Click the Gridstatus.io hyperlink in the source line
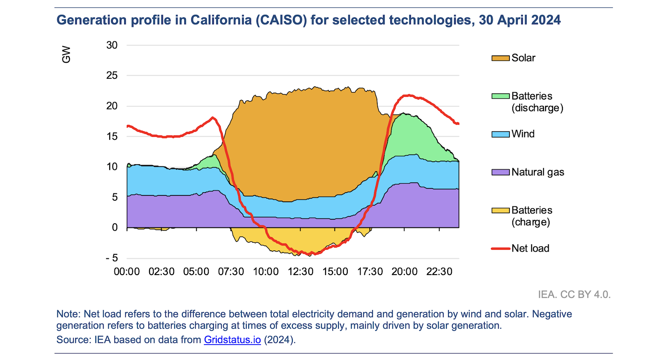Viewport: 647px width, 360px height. pyautogui.click(x=232, y=340)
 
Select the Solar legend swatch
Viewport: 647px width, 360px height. pyautogui.click(x=500, y=58)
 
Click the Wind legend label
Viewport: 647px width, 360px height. pyautogui.click(x=523, y=134)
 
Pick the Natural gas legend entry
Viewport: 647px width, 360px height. pyautogui.click(x=537, y=172)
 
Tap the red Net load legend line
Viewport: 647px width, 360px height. pyautogui.click(x=500, y=248)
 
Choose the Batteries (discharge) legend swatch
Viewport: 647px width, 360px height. pyautogui.click(x=500, y=96)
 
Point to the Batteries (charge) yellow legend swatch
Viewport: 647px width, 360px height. pyautogui.click(x=500, y=210)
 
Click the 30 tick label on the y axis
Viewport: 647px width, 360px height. pyautogui.click(x=112, y=45)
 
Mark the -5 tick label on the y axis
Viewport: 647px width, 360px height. pyautogui.click(x=112, y=258)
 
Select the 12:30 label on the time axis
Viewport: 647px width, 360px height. pyautogui.click(x=300, y=272)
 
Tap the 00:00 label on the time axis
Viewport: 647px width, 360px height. pyautogui.click(x=127, y=272)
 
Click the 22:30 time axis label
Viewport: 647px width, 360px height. pyautogui.click(x=439, y=272)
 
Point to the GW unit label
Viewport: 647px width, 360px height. pyautogui.click(x=66, y=55)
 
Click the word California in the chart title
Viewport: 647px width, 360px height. pyautogui.click(x=221, y=20)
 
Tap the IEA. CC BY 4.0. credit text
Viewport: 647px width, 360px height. pyautogui.click(x=574, y=294)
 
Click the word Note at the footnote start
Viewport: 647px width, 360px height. pyautogui.click(x=68, y=314)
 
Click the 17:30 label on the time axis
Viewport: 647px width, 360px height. pyautogui.click(x=370, y=272)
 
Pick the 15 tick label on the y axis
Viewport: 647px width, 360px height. pyautogui.click(x=112, y=136)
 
